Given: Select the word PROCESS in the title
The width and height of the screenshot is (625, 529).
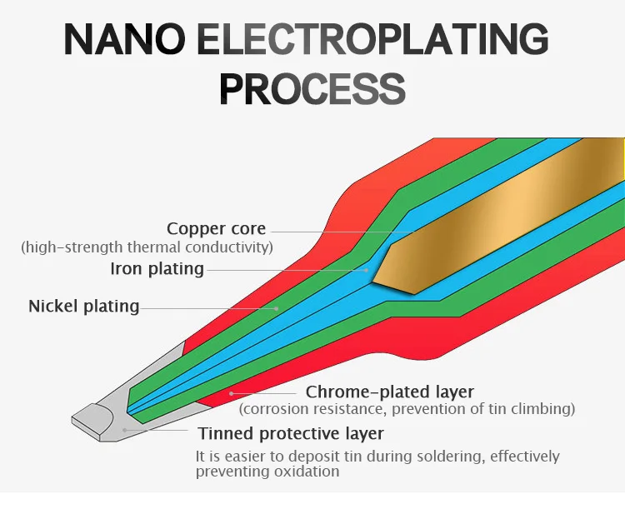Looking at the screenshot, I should (x=312, y=89).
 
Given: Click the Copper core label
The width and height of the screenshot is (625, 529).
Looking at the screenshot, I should (x=216, y=228).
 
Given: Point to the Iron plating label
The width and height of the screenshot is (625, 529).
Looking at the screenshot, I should (x=157, y=268).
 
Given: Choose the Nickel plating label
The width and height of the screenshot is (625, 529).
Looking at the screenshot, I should (x=84, y=306).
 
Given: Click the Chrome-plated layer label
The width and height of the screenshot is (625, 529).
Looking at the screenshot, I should (x=389, y=392).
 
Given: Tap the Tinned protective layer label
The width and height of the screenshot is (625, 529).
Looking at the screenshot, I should (x=291, y=433).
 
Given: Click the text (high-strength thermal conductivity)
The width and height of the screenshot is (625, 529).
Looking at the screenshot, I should (x=147, y=247).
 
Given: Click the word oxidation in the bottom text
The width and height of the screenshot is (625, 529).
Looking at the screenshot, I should (x=307, y=472).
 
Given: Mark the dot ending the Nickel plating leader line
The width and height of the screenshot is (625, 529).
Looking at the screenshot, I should (x=277, y=307).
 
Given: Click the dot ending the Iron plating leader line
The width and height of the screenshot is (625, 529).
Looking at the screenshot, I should (x=367, y=269).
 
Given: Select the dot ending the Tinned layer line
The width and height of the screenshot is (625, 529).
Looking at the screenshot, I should (x=124, y=429).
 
